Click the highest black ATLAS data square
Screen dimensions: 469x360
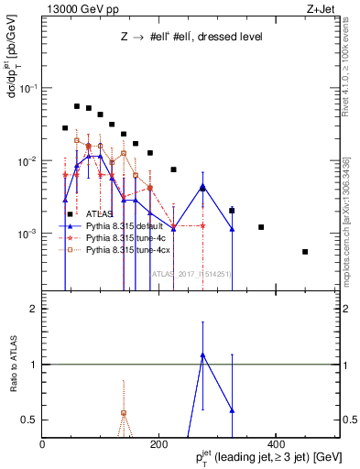click(77, 106)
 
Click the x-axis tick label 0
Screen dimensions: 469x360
click(43, 444)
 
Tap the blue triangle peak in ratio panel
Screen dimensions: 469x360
click(202, 354)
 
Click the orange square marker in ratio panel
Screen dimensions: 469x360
click(124, 413)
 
